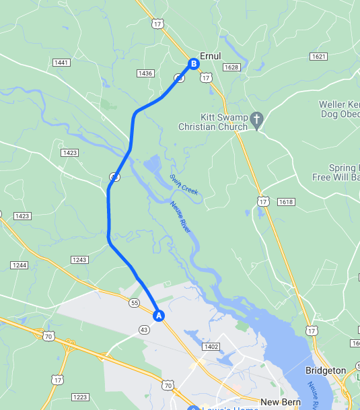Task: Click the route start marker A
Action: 159,314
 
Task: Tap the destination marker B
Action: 193,64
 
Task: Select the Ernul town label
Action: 210,57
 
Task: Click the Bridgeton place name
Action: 325,370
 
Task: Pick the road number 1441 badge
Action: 62,63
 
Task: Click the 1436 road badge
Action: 145,73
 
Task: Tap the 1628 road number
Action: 231,67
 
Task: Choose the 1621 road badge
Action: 318,57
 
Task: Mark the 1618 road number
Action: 286,202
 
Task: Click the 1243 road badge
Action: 79,260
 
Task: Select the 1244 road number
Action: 20,265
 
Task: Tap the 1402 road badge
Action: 211,347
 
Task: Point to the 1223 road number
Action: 80,397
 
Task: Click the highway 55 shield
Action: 135,304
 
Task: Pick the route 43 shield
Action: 144,329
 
